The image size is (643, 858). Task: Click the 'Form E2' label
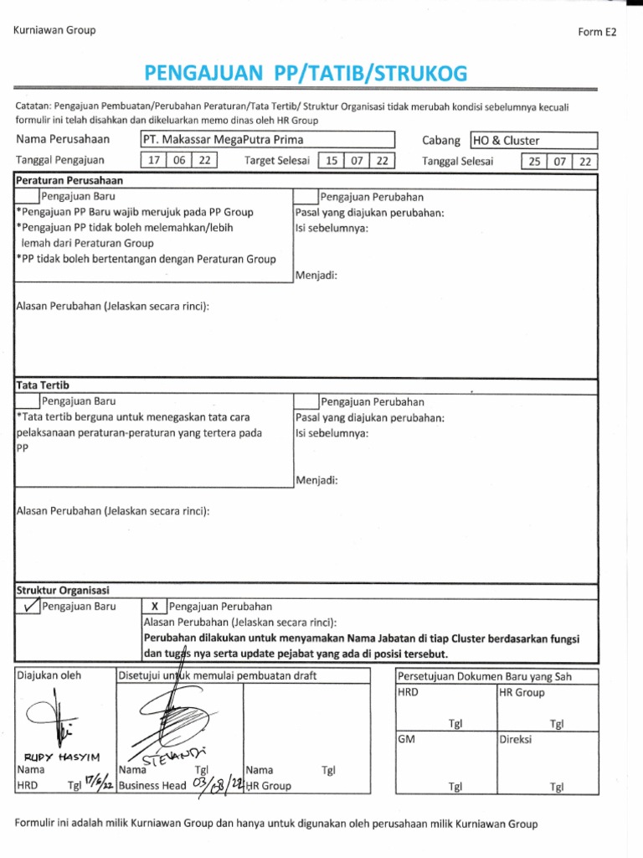596,33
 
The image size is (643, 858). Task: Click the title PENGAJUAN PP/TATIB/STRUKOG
306,75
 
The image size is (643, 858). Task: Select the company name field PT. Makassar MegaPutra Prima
267,140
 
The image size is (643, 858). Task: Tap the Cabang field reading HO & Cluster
533,141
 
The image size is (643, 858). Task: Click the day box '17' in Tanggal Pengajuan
153,161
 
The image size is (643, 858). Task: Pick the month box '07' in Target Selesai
358,161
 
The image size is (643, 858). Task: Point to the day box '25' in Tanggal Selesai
532,162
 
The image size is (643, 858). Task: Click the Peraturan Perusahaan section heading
69,180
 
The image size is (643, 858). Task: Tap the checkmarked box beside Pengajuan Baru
28,606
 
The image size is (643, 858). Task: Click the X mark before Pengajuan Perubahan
154,606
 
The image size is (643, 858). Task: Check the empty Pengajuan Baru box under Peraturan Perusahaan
28,197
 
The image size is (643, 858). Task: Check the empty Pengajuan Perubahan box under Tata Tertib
306,402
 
